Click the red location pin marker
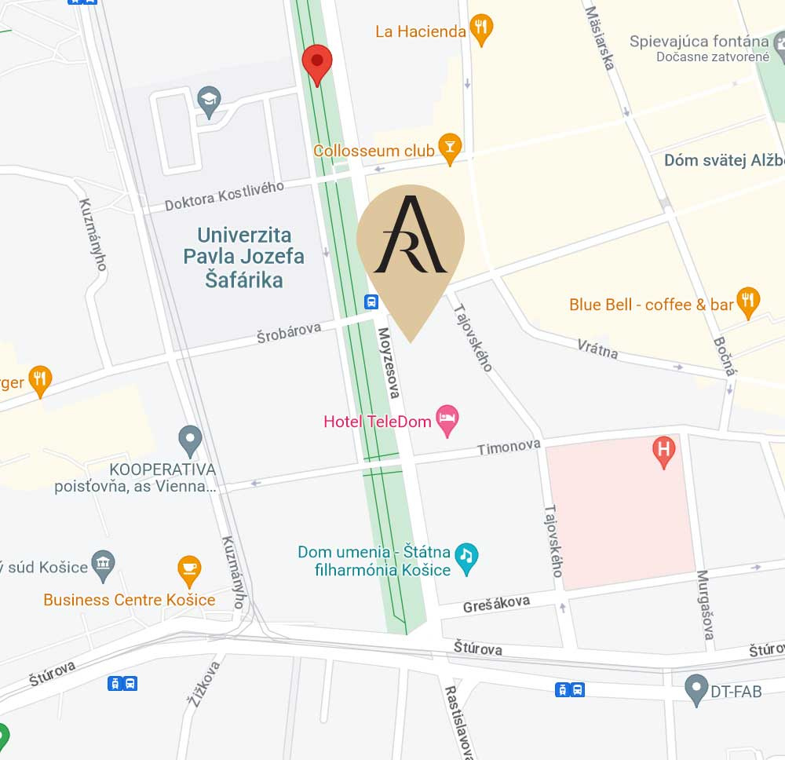317,62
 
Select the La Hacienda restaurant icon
481,30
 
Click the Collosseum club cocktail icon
449,148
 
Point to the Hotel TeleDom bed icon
447,421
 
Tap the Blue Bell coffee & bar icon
748,301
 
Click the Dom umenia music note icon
466,558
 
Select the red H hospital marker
664,451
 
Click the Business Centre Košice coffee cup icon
189,570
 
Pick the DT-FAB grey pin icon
696,689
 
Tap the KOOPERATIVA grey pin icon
190,440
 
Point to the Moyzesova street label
391,363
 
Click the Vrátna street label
597,349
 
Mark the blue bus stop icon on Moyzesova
371,301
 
